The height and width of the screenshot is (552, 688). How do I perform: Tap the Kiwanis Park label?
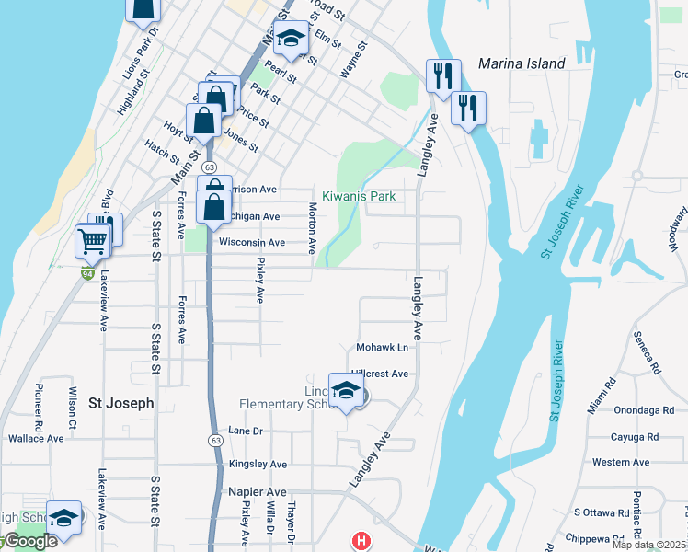[x=358, y=196]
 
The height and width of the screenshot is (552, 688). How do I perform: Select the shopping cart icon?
[x=92, y=242]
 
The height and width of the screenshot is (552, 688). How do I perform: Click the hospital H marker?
[x=361, y=541]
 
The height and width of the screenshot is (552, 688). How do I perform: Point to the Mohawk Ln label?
[x=382, y=348]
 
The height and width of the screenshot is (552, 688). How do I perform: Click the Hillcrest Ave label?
[x=382, y=374]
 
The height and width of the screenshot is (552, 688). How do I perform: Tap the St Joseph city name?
[x=120, y=403]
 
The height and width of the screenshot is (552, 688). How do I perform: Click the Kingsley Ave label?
[x=258, y=464]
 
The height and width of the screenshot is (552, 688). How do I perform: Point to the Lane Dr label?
[x=246, y=431]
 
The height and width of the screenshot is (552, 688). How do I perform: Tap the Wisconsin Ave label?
[x=252, y=243]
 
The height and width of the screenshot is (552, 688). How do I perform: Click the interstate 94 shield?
[x=87, y=273]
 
